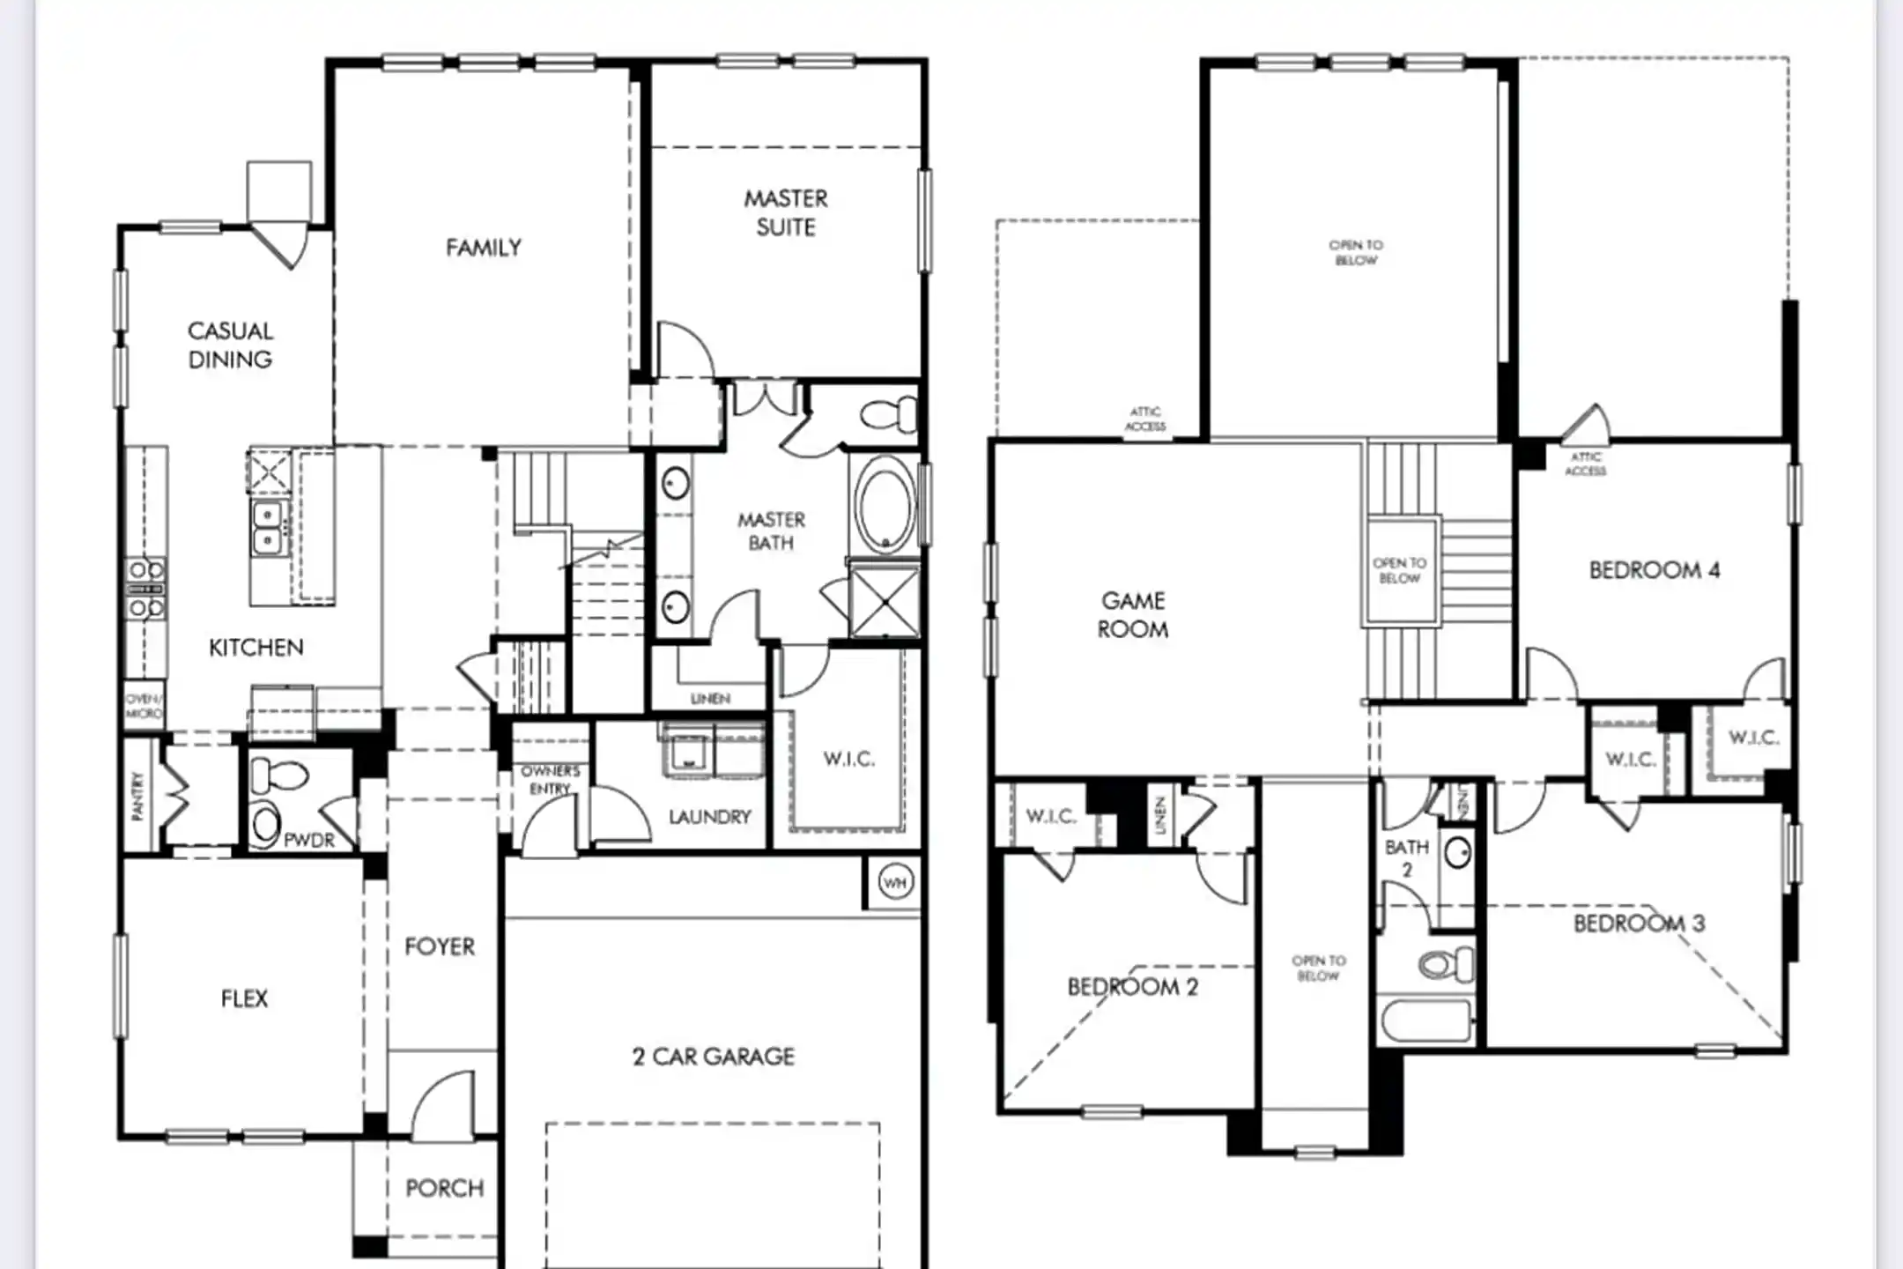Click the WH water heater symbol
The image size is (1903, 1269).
pos(895,882)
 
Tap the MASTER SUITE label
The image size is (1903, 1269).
pos(786,212)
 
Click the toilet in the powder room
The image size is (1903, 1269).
pos(278,776)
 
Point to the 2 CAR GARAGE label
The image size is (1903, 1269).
pos(714,1056)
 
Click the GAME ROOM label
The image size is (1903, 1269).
pos(1133,614)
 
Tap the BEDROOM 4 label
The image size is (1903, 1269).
pos(1654,570)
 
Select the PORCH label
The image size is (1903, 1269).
pos(444,1188)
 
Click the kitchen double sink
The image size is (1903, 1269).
pos(267,527)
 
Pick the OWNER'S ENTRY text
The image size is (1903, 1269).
pos(550,779)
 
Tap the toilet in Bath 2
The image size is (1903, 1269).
pos(1446,962)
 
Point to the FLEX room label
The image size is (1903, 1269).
pos(244,998)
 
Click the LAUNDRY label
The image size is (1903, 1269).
pos(709,817)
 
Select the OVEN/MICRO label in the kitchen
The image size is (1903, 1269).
pos(143,706)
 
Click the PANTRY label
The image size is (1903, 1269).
pos(137,796)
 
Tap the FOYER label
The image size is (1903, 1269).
pos(439,946)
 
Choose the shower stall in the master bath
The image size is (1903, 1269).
pos(884,602)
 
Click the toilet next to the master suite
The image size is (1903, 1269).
pos(887,414)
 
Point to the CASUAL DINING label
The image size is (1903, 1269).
pos(230,345)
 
